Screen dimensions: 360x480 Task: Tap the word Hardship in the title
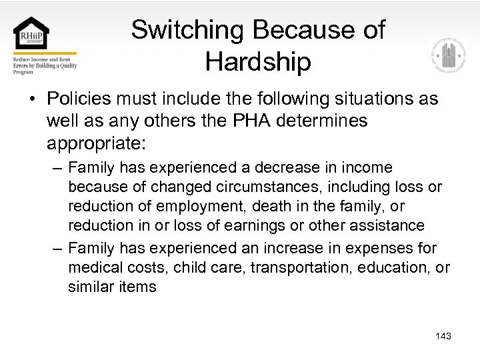point(258,62)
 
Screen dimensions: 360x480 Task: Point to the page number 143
point(443,336)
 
